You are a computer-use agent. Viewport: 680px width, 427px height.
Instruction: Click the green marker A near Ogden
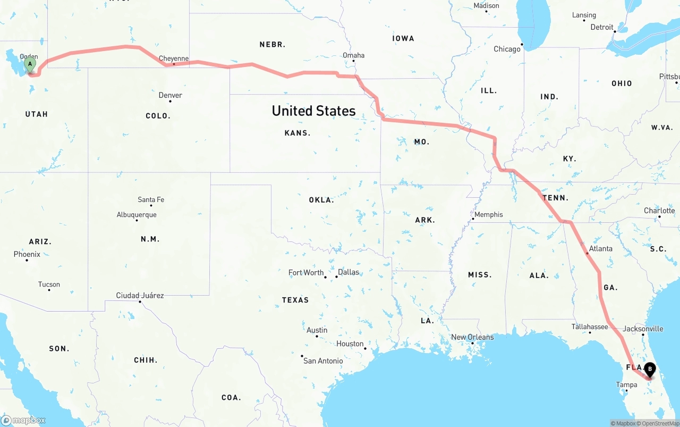pyautogui.click(x=30, y=65)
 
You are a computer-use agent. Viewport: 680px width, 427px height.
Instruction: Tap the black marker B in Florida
pyautogui.click(x=649, y=369)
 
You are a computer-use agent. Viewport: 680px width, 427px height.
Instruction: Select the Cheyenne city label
pyautogui.click(x=174, y=58)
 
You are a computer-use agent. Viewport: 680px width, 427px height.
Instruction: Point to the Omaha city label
pyautogui.click(x=353, y=55)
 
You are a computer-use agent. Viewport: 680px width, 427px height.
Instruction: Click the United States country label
pyautogui.click(x=313, y=111)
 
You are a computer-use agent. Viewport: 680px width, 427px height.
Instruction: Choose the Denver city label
pyautogui.click(x=170, y=95)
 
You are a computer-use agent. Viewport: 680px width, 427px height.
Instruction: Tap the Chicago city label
pyautogui.click(x=507, y=49)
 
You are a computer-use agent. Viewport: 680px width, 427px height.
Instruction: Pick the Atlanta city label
pyautogui.click(x=600, y=248)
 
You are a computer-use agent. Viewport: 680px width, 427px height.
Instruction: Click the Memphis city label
pyautogui.click(x=488, y=214)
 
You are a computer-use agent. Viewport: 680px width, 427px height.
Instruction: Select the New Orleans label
pyautogui.click(x=472, y=337)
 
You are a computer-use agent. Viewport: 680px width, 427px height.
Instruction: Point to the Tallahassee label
pyautogui.click(x=590, y=326)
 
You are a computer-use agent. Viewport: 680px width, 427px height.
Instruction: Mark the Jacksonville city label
pyautogui.click(x=643, y=329)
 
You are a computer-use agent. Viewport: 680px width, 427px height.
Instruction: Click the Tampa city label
pyautogui.click(x=626, y=384)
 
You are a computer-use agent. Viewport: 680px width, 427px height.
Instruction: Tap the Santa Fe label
pyautogui.click(x=151, y=199)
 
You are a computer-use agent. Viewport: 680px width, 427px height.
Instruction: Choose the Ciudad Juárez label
pyautogui.click(x=140, y=295)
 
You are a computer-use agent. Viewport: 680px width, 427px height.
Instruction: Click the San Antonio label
pyautogui.click(x=323, y=361)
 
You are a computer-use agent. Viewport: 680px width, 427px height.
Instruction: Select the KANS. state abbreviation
pyautogui.click(x=297, y=133)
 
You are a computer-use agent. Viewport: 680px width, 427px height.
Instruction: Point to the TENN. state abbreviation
pyautogui.click(x=555, y=198)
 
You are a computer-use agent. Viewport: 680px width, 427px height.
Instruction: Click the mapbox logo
pyautogui.click(x=23, y=420)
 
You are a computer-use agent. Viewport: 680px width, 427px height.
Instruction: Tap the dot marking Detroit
pyautogui.click(x=615, y=31)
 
